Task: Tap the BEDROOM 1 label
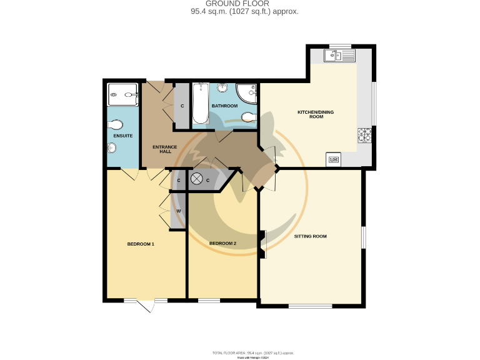point(141,244)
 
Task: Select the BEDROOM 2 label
point(222,243)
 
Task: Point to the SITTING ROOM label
point(311,236)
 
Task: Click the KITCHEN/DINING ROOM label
point(310,114)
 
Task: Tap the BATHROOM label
point(224,106)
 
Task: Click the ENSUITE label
point(122,136)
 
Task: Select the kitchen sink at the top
point(340,56)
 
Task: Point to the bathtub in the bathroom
point(200,103)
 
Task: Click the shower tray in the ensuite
point(122,95)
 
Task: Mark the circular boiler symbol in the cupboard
point(196,179)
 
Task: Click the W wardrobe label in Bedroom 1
point(179,211)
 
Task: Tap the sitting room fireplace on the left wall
point(262,244)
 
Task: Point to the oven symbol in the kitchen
point(334,159)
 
